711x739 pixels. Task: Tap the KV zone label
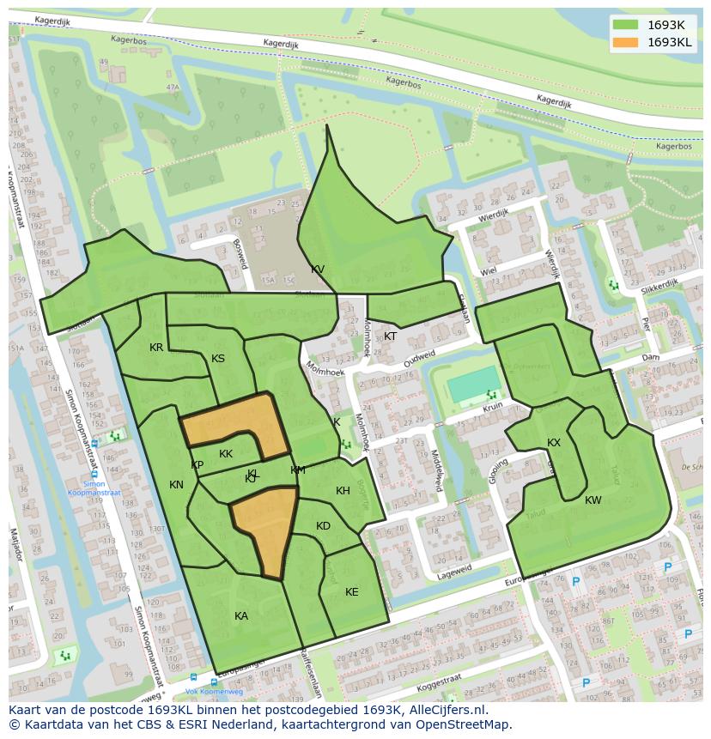point(318,270)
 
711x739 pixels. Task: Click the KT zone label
point(391,336)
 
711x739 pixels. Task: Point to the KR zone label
point(156,348)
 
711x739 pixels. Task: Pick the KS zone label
point(218,359)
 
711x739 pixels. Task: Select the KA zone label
point(241,615)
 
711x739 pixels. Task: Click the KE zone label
point(352,592)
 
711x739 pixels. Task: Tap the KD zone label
point(323,526)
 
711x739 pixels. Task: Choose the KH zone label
point(343,491)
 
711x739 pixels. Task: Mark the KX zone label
point(554,443)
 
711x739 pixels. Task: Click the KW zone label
point(593,500)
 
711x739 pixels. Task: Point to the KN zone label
point(176,485)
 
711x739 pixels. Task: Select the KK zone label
point(226,454)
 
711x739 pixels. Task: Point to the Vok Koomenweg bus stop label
point(203,692)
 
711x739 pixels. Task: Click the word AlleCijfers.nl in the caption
point(446,711)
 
